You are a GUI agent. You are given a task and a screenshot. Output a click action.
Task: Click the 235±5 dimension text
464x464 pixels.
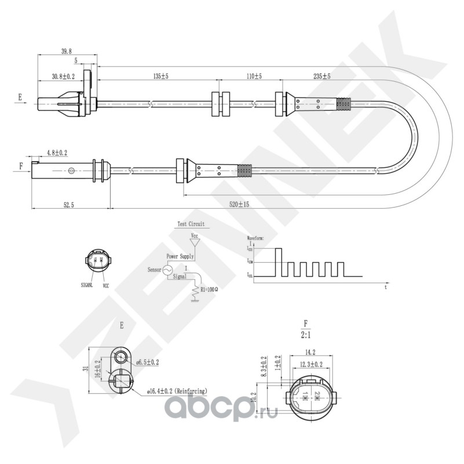click(321, 77)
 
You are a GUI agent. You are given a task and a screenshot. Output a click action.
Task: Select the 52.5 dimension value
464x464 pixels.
click(68, 205)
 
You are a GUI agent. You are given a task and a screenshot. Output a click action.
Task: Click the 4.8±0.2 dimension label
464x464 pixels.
click(57, 153)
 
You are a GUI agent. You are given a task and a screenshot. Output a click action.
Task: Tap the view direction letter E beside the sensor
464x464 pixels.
click(20, 97)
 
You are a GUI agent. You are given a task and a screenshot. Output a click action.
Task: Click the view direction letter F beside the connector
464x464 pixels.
click(21, 165)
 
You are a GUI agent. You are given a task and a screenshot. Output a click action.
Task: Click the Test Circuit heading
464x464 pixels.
click(191, 223)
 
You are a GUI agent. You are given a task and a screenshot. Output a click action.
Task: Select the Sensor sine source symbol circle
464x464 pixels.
click(168, 270)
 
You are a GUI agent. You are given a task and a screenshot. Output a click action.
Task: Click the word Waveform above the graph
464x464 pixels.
click(255, 238)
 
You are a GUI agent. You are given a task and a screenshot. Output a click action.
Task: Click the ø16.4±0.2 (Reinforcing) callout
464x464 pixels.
click(177, 392)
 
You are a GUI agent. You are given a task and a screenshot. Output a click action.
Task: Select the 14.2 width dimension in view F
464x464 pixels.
click(310, 352)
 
